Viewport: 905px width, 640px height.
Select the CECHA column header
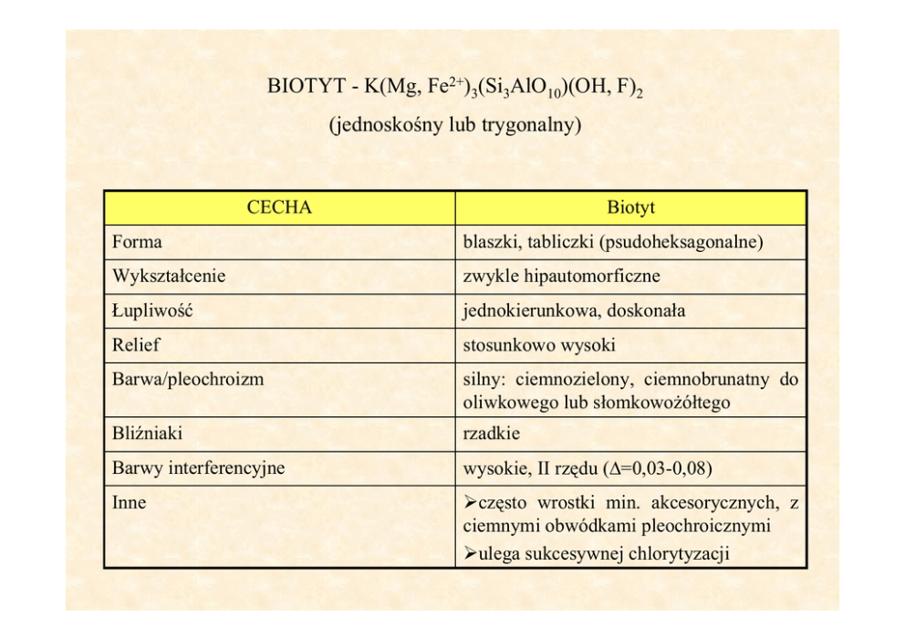tap(279, 207)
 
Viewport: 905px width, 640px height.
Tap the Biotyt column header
tap(630, 207)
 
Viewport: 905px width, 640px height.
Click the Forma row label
tap(137, 242)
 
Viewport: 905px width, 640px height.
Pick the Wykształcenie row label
tap(169, 276)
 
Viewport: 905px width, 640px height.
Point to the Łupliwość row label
tap(152, 310)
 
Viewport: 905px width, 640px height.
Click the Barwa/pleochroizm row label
tap(188, 379)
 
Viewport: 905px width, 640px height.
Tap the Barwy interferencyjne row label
tap(198, 468)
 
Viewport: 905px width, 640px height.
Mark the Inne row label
tap(129, 502)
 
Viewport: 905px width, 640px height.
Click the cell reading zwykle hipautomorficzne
tap(561, 276)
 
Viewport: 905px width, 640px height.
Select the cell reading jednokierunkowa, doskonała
tap(574, 310)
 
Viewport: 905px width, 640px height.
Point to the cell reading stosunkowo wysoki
tap(539, 345)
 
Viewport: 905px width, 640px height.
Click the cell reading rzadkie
tap(492, 434)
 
